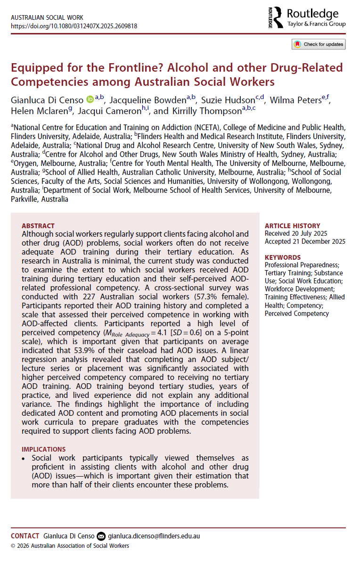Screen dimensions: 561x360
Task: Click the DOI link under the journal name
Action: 74,26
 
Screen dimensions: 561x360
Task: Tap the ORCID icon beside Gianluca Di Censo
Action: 90,99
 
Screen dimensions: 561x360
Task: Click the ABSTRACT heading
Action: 38,226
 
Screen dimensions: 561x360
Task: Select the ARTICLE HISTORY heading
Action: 292,226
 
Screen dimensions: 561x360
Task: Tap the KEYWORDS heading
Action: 283,257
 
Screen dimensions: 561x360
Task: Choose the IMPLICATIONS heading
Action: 44,449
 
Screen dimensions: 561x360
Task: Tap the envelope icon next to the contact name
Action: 101,536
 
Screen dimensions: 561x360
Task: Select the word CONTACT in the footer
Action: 25,536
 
